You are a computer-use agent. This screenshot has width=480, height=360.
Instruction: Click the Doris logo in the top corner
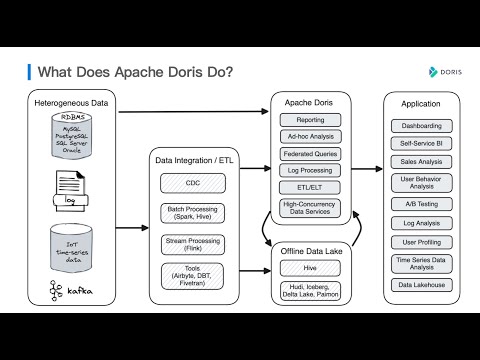coord(440,72)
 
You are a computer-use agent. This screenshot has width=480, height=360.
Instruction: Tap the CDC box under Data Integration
coord(192,184)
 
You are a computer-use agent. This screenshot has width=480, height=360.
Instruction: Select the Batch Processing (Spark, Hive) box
coord(192,214)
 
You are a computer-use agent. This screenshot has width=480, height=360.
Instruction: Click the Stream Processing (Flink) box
coord(192,244)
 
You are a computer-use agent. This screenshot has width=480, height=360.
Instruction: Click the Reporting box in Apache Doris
coord(310,120)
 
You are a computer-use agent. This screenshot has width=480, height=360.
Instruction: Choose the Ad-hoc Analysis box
coord(310,137)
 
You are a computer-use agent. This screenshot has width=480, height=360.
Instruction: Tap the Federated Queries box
coord(310,154)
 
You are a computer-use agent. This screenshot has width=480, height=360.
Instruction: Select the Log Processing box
coord(310,170)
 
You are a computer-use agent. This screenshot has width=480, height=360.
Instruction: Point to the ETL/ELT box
coord(310,187)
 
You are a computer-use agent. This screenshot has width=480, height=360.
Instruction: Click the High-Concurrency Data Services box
coord(310,208)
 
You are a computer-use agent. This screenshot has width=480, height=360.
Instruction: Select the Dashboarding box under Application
coord(421,126)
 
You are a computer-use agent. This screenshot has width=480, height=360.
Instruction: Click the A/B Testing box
coord(421,204)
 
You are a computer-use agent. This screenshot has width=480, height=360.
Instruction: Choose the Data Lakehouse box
coord(421,284)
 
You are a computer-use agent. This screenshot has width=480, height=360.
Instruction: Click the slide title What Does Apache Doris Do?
coord(136,72)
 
